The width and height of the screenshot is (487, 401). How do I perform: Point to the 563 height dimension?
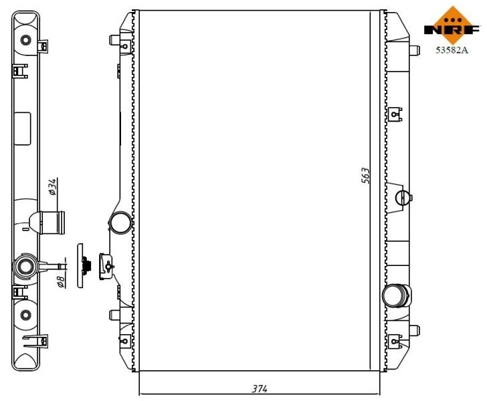click(x=366, y=176)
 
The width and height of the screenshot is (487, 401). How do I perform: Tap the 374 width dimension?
click(x=260, y=388)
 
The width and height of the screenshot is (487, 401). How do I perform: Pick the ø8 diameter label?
click(x=60, y=280)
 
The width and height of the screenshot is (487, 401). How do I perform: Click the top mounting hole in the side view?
click(x=26, y=39)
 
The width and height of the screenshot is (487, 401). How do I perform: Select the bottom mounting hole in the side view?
click(x=25, y=315)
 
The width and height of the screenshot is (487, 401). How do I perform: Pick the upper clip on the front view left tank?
click(x=124, y=45)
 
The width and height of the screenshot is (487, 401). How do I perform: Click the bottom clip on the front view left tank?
click(x=124, y=342)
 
